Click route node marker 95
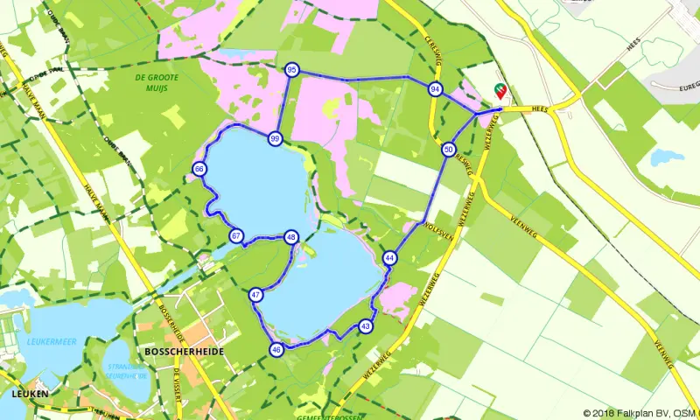[291, 70]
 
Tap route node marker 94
[435, 89]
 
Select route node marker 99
[275, 139]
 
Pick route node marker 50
[448, 150]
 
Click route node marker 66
[199, 169]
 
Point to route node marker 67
[235, 236]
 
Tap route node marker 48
[291, 237]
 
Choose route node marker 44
[389, 258]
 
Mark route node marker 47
[255, 296]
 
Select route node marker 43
[365, 326]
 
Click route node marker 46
[276, 350]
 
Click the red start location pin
[499, 89]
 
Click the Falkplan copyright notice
[640, 414]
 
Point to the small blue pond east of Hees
[668, 158]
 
